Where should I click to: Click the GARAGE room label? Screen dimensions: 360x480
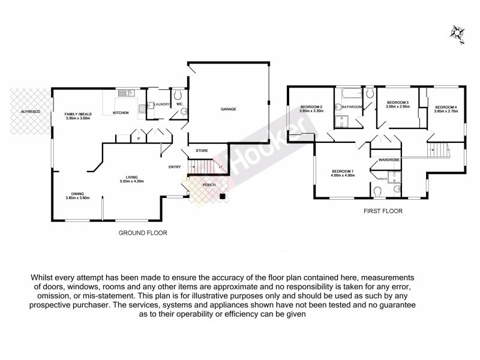tap(227, 109)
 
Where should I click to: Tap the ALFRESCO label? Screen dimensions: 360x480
tap(30, 112)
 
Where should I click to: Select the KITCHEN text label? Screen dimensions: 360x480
tap(121, 113)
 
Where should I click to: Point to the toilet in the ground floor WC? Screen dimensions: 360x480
tap(178, 95)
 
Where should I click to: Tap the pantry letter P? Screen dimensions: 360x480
tap(139, 139)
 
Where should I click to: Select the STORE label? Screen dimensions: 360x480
tap(202, 151)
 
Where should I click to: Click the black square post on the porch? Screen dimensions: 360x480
tap(222, 195)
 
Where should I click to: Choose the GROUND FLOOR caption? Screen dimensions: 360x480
tap(142, 232)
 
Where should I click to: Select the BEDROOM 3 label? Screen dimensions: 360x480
tap(397, 103)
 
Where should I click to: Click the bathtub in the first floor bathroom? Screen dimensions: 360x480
tap(349, 94)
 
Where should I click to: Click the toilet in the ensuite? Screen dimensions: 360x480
tap(377, 191)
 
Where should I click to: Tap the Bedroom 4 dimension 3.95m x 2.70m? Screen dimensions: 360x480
tap(446, 112)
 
